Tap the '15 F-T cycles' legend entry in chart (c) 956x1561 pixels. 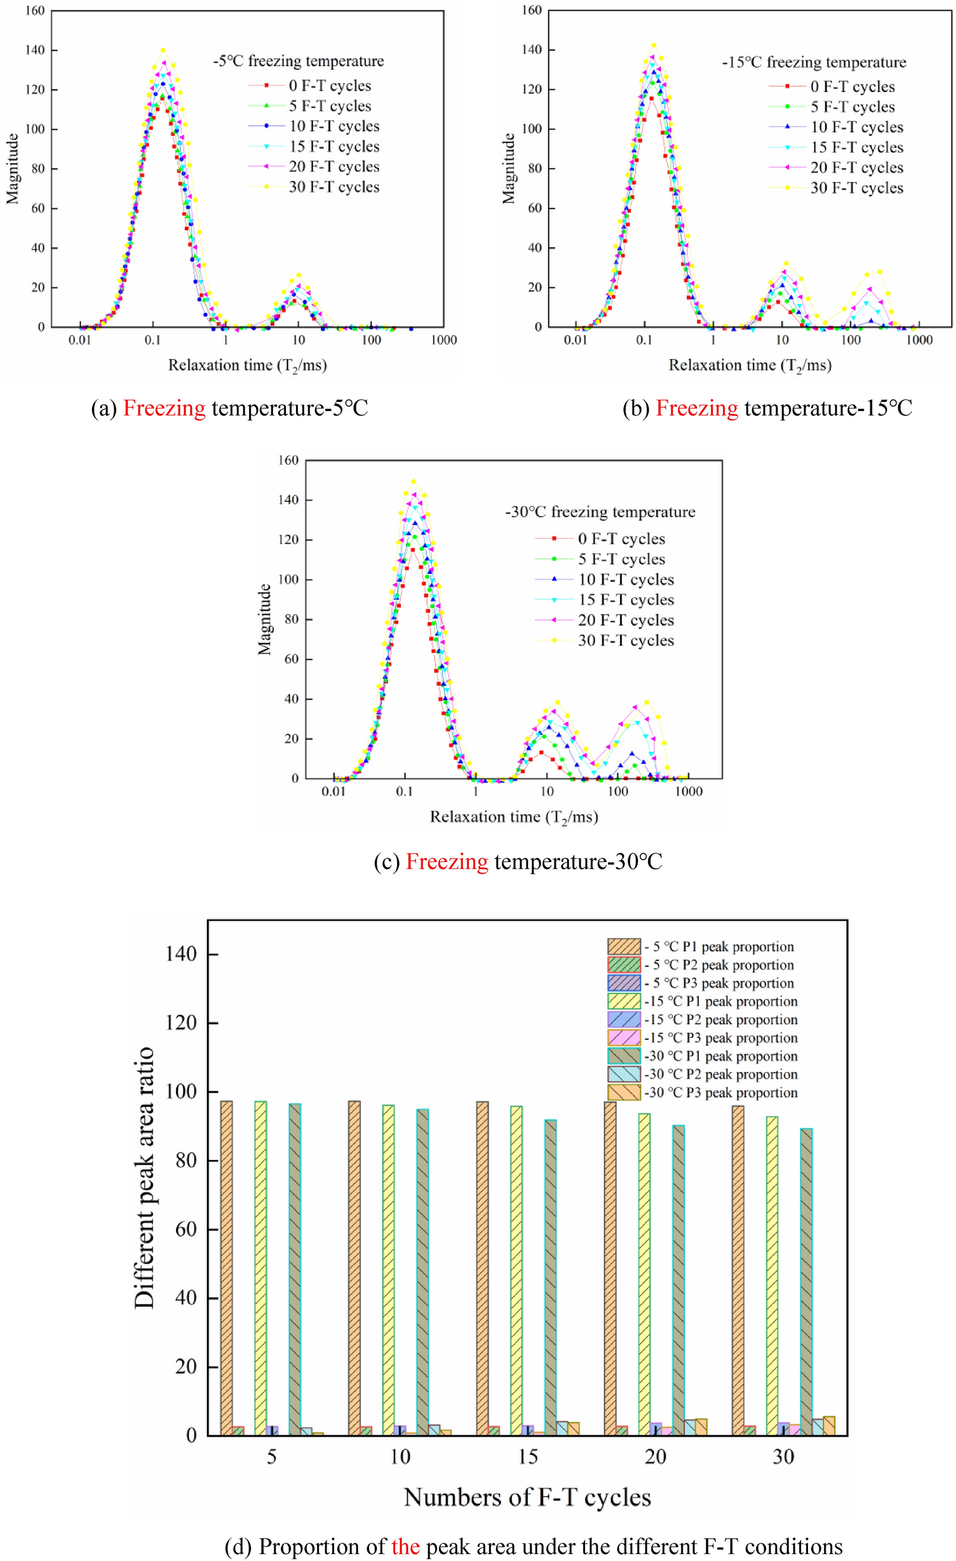tap(625, 600)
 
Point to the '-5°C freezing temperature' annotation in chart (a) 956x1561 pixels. tap(298, 62)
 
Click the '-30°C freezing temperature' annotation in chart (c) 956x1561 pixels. tap(600, 512)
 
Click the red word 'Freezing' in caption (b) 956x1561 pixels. tap(696, 408)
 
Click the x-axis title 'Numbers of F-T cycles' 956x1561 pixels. tap(527, 1497)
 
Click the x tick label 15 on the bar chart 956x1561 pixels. tap(527, 1456)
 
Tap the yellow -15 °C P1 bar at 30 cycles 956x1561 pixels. tap(771, 1277)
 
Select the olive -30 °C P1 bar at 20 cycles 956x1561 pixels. tap(678, 1283)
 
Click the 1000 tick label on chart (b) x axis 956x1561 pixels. tap(919, 340)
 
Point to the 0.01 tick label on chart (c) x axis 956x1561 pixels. tap(333, 792)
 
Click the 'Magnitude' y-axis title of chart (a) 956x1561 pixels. tap(12, 168)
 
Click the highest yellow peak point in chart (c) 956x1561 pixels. tap(413, 481)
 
